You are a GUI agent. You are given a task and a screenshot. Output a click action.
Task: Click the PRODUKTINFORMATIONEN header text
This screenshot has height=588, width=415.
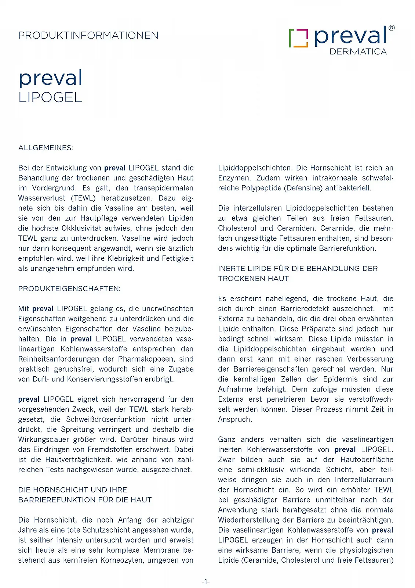[x=88, y=35]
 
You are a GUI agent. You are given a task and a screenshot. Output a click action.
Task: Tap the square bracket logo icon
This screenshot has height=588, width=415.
[x=298, y=38]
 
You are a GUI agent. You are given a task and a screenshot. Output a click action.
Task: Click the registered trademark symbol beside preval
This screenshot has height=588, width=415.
[x=391, y=28]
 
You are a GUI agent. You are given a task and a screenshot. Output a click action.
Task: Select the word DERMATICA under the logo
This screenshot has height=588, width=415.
[x=358, y=52]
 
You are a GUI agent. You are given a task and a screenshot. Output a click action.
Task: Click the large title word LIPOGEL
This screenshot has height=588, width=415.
[x=50, y=98]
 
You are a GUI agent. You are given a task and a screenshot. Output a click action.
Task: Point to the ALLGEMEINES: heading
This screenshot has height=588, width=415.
[x=45, y=148]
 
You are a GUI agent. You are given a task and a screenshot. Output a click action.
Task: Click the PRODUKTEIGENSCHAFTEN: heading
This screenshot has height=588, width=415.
[x=69, y=288]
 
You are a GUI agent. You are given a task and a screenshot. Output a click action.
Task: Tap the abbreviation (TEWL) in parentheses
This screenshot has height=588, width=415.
[x=83, y=198]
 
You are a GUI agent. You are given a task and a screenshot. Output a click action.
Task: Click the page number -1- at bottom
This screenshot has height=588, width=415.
[x=205, y=581]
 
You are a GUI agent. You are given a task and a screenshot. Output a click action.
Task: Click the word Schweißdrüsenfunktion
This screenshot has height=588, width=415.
[x=106, y=419]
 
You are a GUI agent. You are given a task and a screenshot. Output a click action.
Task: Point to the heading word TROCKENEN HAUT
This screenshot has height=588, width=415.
[x=253, y=279]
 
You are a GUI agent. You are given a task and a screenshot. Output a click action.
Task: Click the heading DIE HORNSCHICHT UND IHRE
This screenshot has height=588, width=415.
[x=72, y=490]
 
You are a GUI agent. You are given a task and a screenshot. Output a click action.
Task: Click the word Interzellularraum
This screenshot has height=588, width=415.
[x=364, y=480]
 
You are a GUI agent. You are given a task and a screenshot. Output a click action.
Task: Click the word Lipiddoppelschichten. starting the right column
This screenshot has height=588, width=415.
[x=255, y=168]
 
